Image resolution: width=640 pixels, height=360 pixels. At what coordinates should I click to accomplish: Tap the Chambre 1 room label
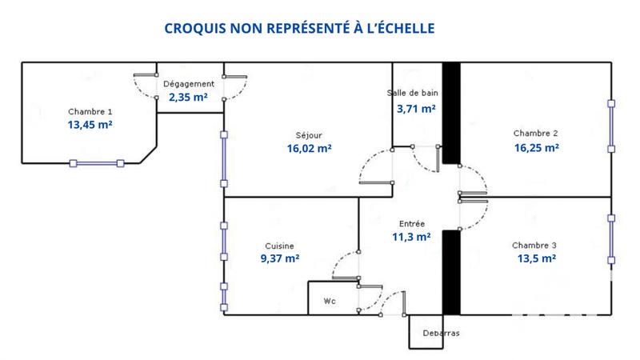[x=90, y=111]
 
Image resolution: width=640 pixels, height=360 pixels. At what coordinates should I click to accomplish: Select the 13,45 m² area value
[x=90, y=125]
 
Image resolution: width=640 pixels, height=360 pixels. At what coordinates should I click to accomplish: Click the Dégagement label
[x=189, y=84]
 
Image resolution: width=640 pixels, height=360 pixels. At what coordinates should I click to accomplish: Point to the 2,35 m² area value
[x=189, y=98]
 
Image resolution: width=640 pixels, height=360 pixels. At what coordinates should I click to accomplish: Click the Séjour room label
[x=309, y=135]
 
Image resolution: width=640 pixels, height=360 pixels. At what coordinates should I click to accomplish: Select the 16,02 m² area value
[x=309, y=149]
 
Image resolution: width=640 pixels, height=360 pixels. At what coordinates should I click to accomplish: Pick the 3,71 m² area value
[x=415, y=108]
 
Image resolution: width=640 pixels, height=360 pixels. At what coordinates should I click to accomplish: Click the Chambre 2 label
[x=535, y=133]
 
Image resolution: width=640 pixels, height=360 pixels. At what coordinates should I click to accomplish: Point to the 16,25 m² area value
[x=535, y=147]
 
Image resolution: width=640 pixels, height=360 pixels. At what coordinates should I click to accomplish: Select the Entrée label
[x=411, y=224]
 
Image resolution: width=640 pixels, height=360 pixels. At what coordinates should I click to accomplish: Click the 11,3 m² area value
[x=411, y=238]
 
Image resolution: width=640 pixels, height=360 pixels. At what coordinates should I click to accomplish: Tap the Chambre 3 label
[x=535, y=245]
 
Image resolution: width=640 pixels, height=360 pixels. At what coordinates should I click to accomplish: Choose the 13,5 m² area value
[x=535, y=258]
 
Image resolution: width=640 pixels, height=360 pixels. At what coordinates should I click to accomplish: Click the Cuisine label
[x=280, y=246]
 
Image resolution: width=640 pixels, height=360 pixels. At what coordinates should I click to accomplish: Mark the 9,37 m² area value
[x=280, y=258]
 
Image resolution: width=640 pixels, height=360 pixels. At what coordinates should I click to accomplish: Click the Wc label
[x=330, y=302]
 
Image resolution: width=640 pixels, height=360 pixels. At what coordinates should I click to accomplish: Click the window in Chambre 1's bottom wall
[x=97, y=163]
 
